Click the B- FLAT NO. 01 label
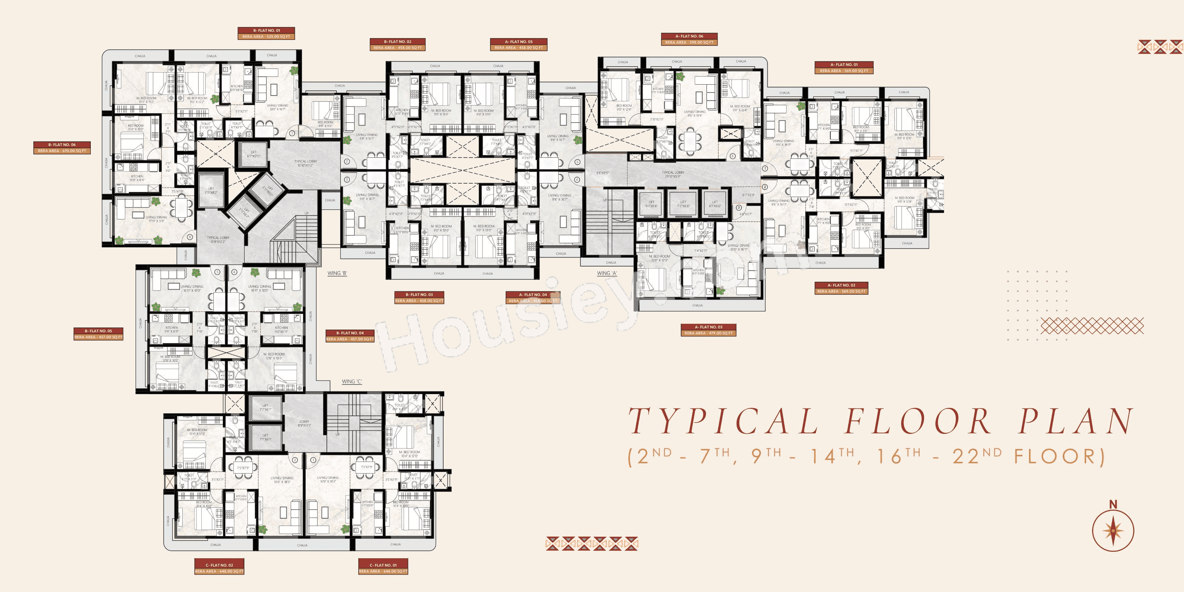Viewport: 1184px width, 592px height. [x=266, y=30]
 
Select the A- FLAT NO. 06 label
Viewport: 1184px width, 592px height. [x=689, y=36]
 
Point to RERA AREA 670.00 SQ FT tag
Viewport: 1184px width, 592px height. [x=62, y=151]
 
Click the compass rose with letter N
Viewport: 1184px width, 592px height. [x=1113, y=530]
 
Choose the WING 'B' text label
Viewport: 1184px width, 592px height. [x=337, y=273]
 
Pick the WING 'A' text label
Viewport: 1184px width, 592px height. [x=607, y=273]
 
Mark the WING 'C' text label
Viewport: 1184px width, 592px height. [x=351, y=381]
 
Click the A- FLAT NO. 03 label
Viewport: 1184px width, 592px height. [x=708, y=327]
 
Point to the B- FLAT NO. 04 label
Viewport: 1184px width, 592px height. [x=350, y=333]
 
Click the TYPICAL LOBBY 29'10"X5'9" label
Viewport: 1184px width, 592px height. [x=673, y=174]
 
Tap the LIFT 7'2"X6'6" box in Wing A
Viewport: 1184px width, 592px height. [x=683, y=204]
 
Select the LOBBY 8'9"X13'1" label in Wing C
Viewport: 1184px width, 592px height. [x=304, y=423]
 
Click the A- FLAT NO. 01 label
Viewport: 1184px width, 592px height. [x=844, y=64]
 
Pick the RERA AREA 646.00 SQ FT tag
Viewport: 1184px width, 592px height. [x=383, y=571]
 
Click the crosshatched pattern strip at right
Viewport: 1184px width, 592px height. [x=1092, y=326]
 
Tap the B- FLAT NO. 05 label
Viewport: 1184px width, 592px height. [x=98, y=331]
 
